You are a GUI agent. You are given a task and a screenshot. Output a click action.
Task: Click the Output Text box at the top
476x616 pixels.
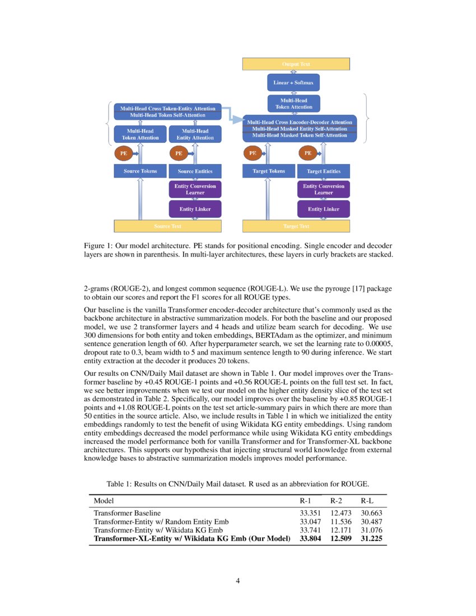pos(296,64)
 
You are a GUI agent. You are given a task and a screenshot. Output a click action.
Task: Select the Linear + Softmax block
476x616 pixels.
pos(293,83)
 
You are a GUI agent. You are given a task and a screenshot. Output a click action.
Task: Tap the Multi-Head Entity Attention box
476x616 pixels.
pos(195,134)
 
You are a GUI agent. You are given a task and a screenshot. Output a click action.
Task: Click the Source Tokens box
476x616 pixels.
pos(140,171)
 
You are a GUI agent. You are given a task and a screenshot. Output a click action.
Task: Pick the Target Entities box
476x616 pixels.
pos(324,171)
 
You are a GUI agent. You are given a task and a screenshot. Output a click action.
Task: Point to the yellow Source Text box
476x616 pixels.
pos(167,226)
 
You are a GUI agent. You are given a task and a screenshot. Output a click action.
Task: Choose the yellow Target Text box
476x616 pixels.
pos(296,226)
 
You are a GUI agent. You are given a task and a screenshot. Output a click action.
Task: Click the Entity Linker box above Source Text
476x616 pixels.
pos(195,209)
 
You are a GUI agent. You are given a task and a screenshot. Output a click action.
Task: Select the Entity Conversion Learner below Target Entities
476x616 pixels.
pos(324,189)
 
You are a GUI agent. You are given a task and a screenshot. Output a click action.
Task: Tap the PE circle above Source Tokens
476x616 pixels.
pos(123,152)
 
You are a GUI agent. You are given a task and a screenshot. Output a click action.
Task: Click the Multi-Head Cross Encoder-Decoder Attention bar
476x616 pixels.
pos(300,122)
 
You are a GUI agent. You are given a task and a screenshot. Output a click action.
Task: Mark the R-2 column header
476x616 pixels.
pos(336,501)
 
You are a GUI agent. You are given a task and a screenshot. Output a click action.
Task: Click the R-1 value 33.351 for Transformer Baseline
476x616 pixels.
pos(311,512)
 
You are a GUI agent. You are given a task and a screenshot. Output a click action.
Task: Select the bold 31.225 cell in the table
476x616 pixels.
pos(371,539)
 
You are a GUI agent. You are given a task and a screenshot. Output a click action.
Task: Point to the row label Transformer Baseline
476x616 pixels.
pos(127,512)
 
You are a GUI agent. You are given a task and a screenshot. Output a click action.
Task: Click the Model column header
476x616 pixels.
pos(104,501)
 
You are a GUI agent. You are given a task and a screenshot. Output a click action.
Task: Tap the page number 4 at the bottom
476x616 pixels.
pos(238,580)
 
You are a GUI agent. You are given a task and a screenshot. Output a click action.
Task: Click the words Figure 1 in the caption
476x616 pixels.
pos(98,246)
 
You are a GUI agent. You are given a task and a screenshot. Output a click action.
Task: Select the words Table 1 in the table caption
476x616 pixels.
pos(120,483)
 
